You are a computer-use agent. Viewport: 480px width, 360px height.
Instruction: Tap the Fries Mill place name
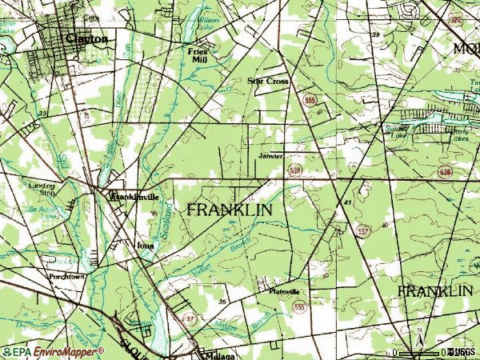click(x=198, y=54)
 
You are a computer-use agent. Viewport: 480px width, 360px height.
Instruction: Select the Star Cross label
click(x=267, y=82)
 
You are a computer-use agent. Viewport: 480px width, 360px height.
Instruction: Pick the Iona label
click(x=145, y=246)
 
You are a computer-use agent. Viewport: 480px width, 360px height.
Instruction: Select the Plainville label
click(x=283, y=291)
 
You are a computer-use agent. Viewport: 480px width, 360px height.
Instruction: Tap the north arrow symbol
click(x=418, y=340)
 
